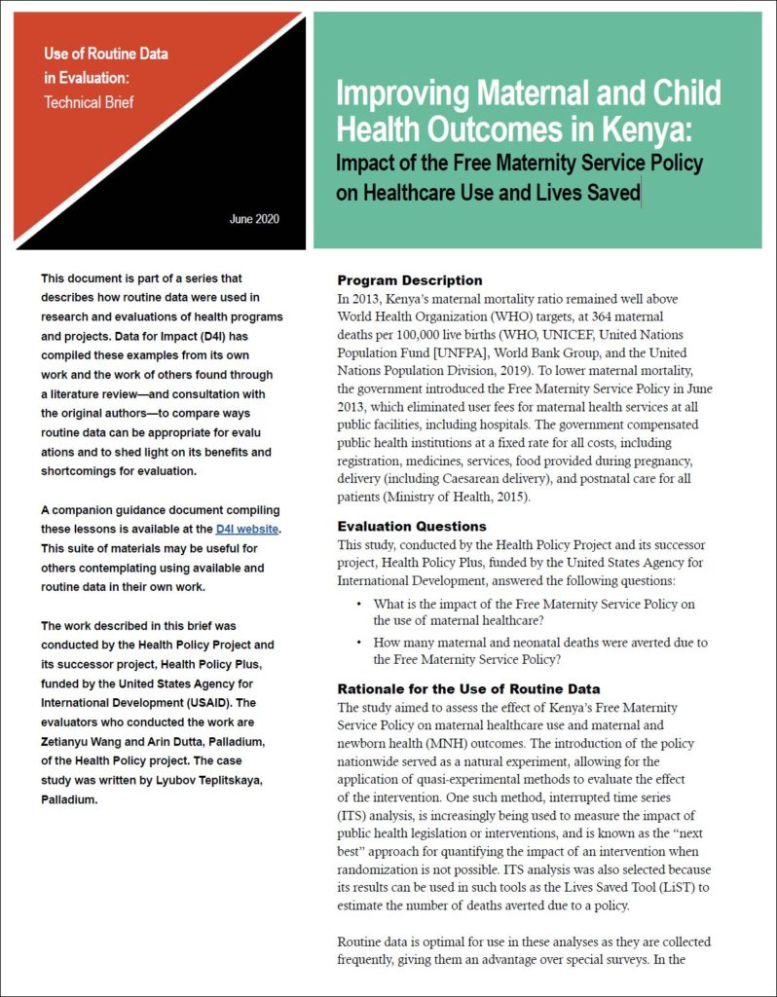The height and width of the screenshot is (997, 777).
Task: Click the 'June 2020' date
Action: point(254,219)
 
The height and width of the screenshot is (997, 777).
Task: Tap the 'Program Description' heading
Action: point(409,280)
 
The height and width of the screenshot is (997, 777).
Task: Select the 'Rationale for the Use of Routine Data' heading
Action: point(468,689)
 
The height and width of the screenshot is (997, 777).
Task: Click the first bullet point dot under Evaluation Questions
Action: point(359,605)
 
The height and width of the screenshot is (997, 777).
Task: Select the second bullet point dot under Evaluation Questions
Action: point(359,643)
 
